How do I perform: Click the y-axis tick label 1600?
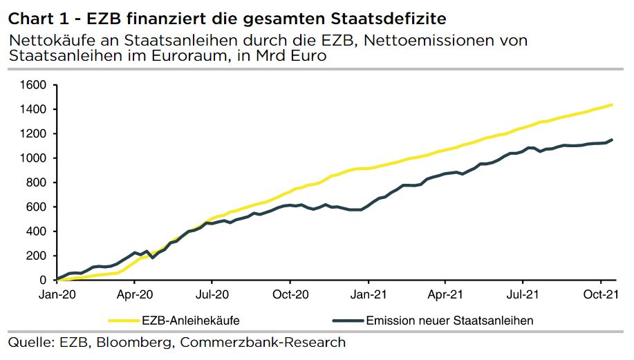34,85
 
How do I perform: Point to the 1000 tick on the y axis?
34,158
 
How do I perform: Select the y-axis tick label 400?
37,231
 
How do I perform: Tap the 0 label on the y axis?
42,280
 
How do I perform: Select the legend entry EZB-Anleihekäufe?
190,320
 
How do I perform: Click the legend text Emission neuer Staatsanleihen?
449,320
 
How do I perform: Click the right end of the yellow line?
612,105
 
